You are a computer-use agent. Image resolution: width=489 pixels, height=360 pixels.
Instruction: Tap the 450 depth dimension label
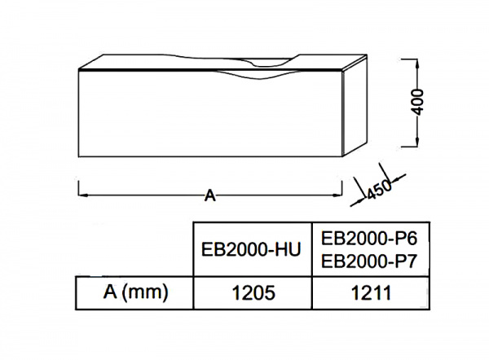tap(378, 190)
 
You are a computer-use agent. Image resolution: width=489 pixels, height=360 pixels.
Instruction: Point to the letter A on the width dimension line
tap(210, 195)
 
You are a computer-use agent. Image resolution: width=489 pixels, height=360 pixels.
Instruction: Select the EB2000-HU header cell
tap(253, 249)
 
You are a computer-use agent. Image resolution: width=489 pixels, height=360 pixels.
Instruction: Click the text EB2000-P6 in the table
tap(369, 239)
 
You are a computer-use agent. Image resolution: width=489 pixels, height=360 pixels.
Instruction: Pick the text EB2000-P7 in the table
tap(369, 261)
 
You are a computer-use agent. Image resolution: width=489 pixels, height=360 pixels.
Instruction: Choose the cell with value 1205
tap(253, 293)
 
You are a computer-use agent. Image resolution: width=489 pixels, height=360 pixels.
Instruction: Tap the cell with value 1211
tap(371, 293)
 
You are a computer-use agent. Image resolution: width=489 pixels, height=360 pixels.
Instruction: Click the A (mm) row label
tap(135, 292)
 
